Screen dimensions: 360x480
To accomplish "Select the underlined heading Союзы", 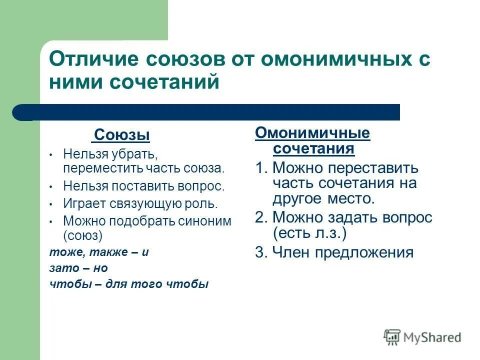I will click(x=122, y=135).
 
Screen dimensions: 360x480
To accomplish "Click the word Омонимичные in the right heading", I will click(x=312, y=133).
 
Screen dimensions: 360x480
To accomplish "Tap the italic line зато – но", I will click(x=78, y=267).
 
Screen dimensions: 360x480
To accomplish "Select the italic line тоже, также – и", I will click(x=99, y=251).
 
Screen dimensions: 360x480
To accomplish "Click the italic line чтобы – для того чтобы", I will click(x=129, y=283).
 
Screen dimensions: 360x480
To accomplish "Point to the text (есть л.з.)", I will click(x=310, y=233).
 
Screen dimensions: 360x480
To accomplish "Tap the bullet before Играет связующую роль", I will click(x=51, y=204).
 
